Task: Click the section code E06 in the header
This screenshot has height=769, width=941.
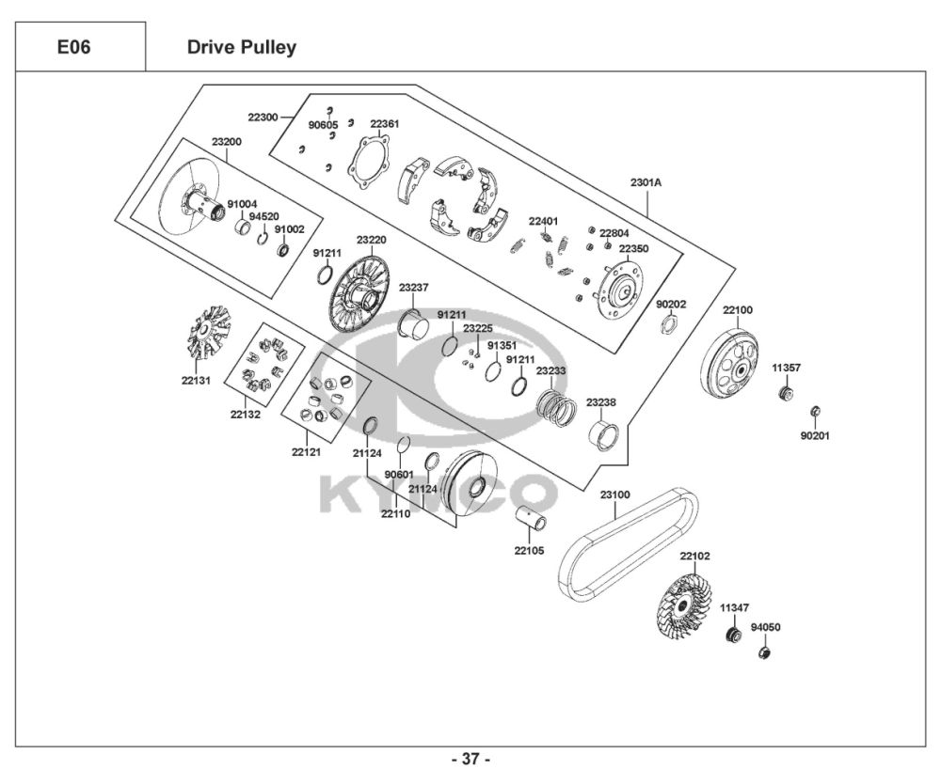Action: [73, 46]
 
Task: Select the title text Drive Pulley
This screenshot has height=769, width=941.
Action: [241, 47]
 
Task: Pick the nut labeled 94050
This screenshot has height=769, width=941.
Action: [766, 652]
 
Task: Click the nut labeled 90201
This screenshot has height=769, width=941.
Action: [817, 411]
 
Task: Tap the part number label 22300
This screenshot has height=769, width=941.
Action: [263, 118]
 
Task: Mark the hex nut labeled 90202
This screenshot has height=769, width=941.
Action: [670, 325]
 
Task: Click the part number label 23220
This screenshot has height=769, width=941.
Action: [371, 240]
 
